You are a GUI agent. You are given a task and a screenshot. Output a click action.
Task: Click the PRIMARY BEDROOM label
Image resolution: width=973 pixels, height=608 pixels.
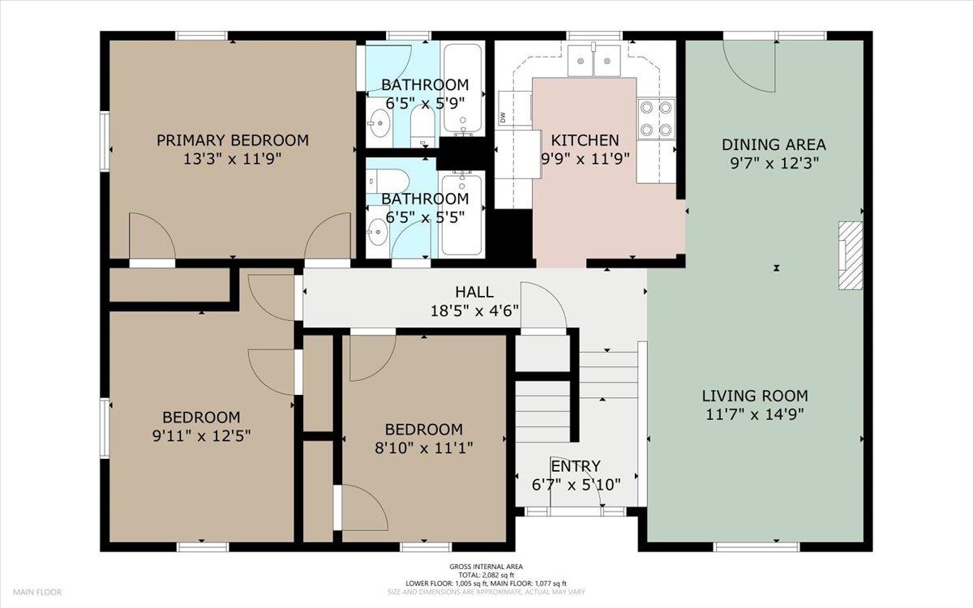[x=233, y=140]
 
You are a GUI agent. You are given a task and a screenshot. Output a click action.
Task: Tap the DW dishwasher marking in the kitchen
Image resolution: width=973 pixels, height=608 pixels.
[x=503, y=118]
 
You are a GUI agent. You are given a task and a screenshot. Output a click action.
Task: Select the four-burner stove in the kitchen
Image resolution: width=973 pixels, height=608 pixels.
[x=656, y=118]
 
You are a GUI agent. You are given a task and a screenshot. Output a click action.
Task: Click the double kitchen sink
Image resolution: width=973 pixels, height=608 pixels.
[x=594, y=61]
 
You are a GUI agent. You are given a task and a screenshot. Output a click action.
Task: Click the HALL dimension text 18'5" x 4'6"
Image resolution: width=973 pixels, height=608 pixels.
[x=474, y=311]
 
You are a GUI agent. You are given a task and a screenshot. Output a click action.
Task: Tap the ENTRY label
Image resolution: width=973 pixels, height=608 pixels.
[x=576, y=466]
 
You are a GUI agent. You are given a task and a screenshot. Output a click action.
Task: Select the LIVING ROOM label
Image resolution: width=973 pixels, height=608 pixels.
[x=755, y=396]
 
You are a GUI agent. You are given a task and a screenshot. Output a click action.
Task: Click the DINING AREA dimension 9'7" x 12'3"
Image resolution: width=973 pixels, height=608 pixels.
[x=774, y=163]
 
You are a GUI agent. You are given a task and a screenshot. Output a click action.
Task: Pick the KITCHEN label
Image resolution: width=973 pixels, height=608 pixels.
[x=585, y=140]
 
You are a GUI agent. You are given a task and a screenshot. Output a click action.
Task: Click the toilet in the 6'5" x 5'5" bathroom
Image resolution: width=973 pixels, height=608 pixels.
[x=388, y=181]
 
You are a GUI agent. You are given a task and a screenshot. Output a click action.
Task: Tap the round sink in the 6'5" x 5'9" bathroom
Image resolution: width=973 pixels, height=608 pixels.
[x=379, y=123]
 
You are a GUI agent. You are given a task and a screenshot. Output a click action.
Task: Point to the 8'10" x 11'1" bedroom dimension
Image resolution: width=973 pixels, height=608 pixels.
[x=423, y=447]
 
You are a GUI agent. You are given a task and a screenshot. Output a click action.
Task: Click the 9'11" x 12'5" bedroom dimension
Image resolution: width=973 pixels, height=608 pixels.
[x=201, y=435]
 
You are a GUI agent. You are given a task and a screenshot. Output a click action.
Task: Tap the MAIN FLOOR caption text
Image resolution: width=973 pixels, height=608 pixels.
[x=37, y=592]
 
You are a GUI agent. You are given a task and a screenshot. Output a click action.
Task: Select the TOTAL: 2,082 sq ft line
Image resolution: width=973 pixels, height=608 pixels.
[x=486, y=575]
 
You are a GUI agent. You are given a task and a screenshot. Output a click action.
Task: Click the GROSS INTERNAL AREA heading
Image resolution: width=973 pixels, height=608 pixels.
[x=486, y=567]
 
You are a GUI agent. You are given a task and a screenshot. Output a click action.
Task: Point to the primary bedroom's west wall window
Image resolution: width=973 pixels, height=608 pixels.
[x=105, y=141]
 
